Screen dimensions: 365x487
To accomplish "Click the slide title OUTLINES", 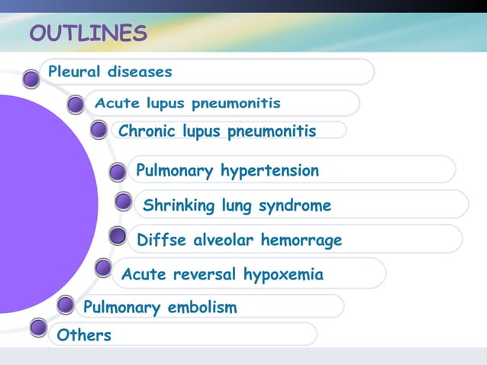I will tap(88, 34).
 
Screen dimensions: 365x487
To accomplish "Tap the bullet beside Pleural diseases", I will tap(31, 78).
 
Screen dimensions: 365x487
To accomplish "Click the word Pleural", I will tap(74, 73).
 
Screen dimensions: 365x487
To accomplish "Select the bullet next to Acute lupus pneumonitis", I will tap(75, 105).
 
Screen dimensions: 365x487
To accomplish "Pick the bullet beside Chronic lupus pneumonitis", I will tap(98, 131).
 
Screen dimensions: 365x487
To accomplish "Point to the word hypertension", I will tap(269, 170).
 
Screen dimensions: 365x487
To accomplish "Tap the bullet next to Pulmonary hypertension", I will tap(117, 173).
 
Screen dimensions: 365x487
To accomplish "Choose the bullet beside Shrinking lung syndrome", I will tap(123, 202).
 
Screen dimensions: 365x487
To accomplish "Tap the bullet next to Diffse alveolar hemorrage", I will tap(117, 236).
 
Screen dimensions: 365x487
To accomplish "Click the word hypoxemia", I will tap(283, 274).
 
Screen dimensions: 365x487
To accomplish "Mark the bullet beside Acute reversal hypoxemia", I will tap(103, 268).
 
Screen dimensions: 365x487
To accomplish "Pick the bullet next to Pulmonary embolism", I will tap(66, 305).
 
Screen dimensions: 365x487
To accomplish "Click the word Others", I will tap(84, 335).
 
